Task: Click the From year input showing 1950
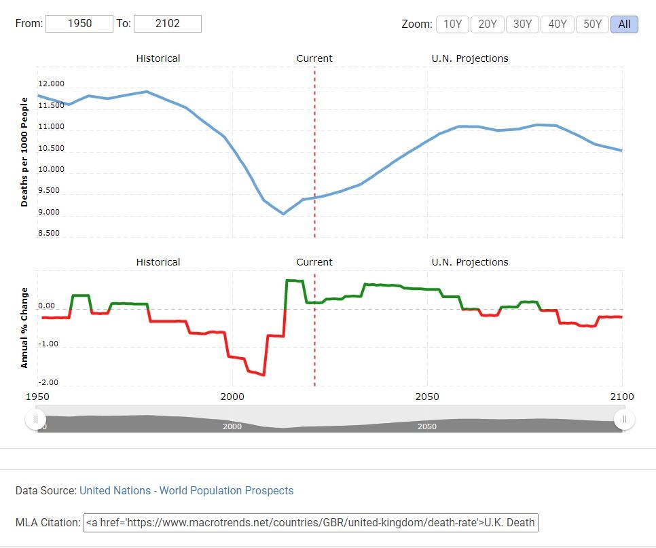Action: [79, 24]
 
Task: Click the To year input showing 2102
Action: [168, 24]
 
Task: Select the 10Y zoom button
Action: [452, 24]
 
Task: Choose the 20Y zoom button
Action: [488, 24]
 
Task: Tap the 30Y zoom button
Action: [522, 24]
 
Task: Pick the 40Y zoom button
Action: [558, 24]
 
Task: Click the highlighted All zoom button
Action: [624, 24]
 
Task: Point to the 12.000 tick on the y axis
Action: [51, 84]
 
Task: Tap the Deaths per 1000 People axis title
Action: [24, 152]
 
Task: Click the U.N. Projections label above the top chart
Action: [470, 58]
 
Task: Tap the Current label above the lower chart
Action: [314, 262]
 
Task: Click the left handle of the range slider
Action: [35, 420]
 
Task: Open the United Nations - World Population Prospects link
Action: [187, 490]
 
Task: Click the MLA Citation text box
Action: [310, 523]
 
